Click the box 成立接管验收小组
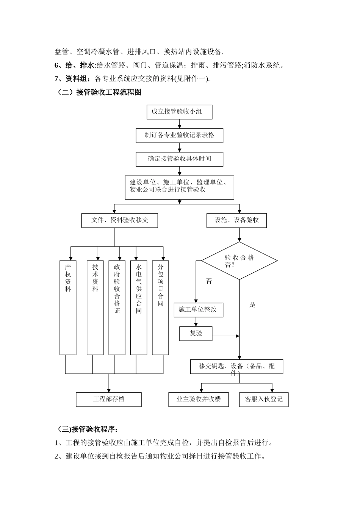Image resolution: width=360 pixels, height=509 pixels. tap(179, 112)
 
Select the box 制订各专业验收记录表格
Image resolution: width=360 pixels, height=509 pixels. tap(179, 135)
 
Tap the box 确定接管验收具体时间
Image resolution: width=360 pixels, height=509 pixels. tap(179, 159)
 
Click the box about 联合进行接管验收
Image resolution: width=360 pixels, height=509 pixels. tap(179, 187)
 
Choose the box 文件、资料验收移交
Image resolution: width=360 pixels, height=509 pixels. tap(119, 220)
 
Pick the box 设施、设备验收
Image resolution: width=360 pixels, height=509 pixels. tap(236, 220)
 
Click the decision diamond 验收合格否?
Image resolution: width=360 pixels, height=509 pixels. tap(239, 261)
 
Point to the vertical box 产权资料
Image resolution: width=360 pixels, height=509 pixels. tap(68, 307)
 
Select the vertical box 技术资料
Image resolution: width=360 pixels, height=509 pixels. tap(95, 307)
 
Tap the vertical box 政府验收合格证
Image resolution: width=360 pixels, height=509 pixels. tap(117, 307)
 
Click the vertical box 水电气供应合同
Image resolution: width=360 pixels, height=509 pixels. tap(139, 307)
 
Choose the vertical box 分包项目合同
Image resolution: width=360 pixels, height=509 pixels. tap(160, 307)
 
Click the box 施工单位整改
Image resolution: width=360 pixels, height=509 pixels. tap(198, 310)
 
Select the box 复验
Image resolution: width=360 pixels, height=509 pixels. tap(196, 333)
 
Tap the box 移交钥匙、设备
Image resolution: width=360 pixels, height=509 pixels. tap(236, 367)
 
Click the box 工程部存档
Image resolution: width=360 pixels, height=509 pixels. tap(109, 399)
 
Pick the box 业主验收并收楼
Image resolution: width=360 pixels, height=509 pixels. tap(198, 399)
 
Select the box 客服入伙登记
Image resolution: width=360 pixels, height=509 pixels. tap(264, 399)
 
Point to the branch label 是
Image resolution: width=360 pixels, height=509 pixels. tap(253, 304)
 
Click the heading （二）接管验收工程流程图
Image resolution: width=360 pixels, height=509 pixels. tap(99, 92)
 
